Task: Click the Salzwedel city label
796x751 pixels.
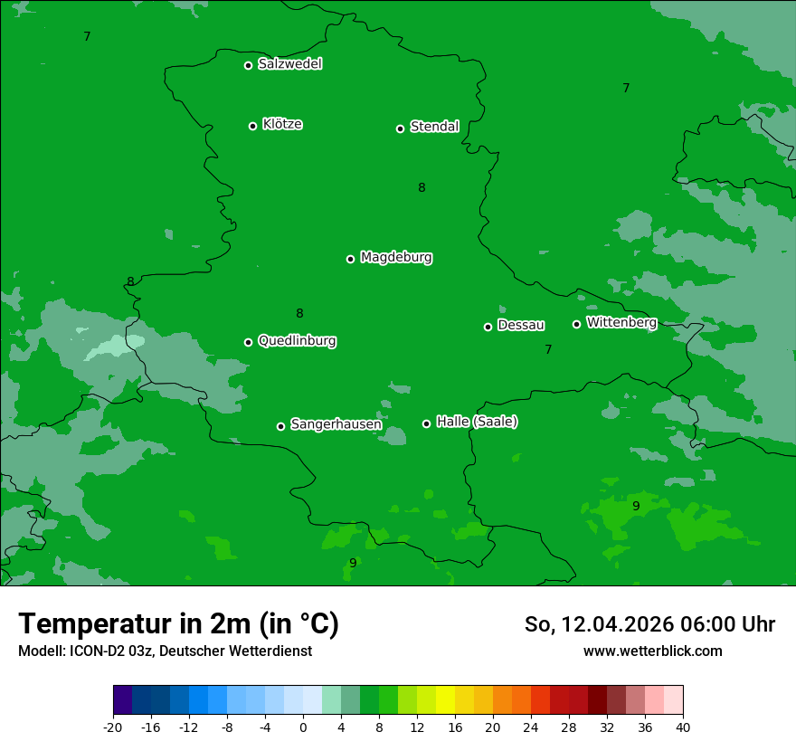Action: click(289, 64)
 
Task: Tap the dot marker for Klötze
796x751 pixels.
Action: click(252, 126)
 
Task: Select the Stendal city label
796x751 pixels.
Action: click(434, 127)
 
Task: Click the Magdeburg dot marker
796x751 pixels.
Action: click(350, 259)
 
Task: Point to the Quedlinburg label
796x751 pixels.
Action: click(297, 341)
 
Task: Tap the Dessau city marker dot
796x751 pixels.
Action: click(488, 327)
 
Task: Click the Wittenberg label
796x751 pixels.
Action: click(621, 322)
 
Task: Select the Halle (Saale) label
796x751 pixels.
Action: click(477, 422)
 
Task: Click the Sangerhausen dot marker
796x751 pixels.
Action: click(280, 426)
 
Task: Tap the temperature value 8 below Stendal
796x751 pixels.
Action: click(422, 188)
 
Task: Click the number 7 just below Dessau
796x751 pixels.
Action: click(548, 349)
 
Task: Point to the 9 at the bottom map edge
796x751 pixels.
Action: click(353, 563)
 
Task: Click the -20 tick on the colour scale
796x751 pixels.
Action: click(113, 727)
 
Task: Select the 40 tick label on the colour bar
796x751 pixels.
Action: click(682, 727)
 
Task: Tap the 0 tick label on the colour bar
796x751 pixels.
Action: click(303, 727)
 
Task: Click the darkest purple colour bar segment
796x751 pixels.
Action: click(122, 700)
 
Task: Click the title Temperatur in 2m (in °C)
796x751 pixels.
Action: click(178, 623)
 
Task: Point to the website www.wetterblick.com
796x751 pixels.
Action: click(652, 651)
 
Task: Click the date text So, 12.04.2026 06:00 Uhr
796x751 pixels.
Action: click(649, 624)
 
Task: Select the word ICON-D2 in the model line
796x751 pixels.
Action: click(95, 651)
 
